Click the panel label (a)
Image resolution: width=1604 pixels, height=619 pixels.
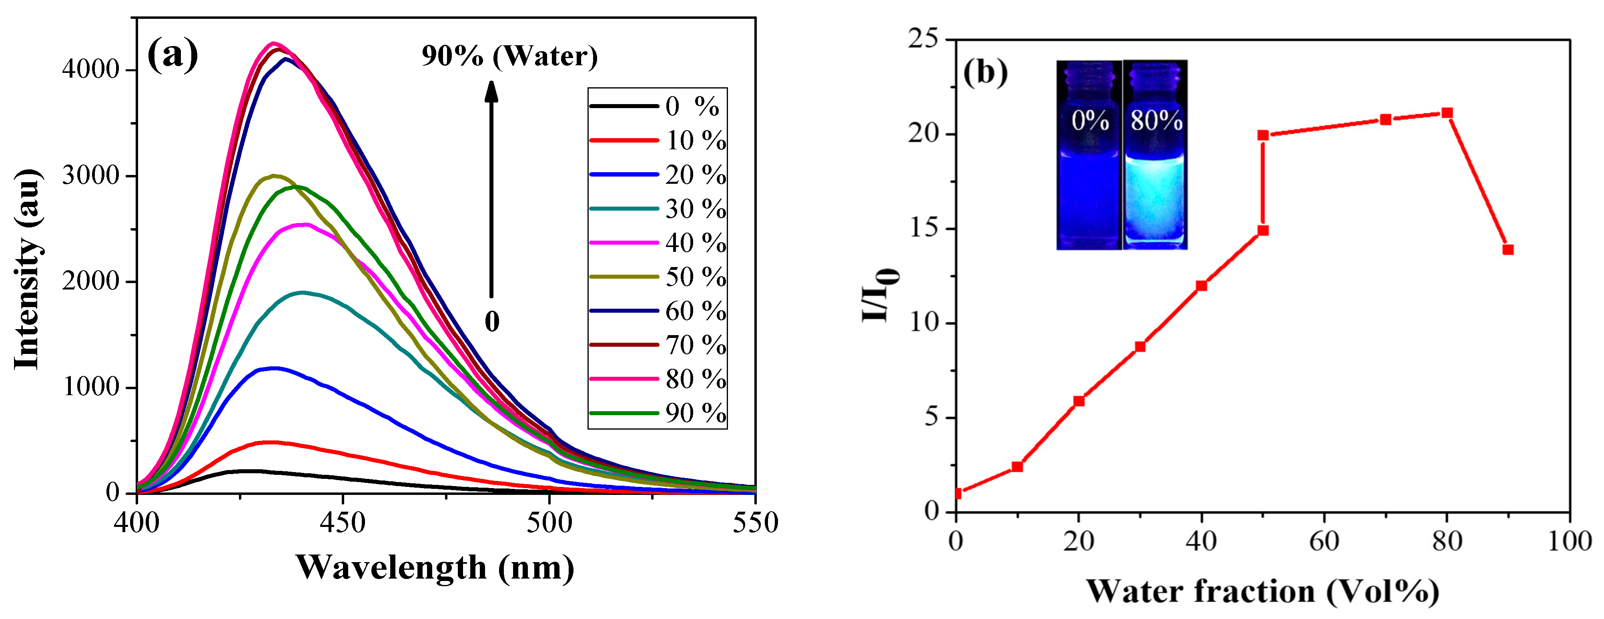click(172, 55)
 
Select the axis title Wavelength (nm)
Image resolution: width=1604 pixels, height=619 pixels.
click(435, 568)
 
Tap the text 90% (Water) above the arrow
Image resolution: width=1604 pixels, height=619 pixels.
click(509, 56)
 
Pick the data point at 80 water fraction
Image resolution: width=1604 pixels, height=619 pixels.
click(1448, 113)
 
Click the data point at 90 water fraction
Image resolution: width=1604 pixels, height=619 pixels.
click(1508, 250)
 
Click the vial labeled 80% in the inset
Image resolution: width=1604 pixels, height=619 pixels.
click(1156, 156)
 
